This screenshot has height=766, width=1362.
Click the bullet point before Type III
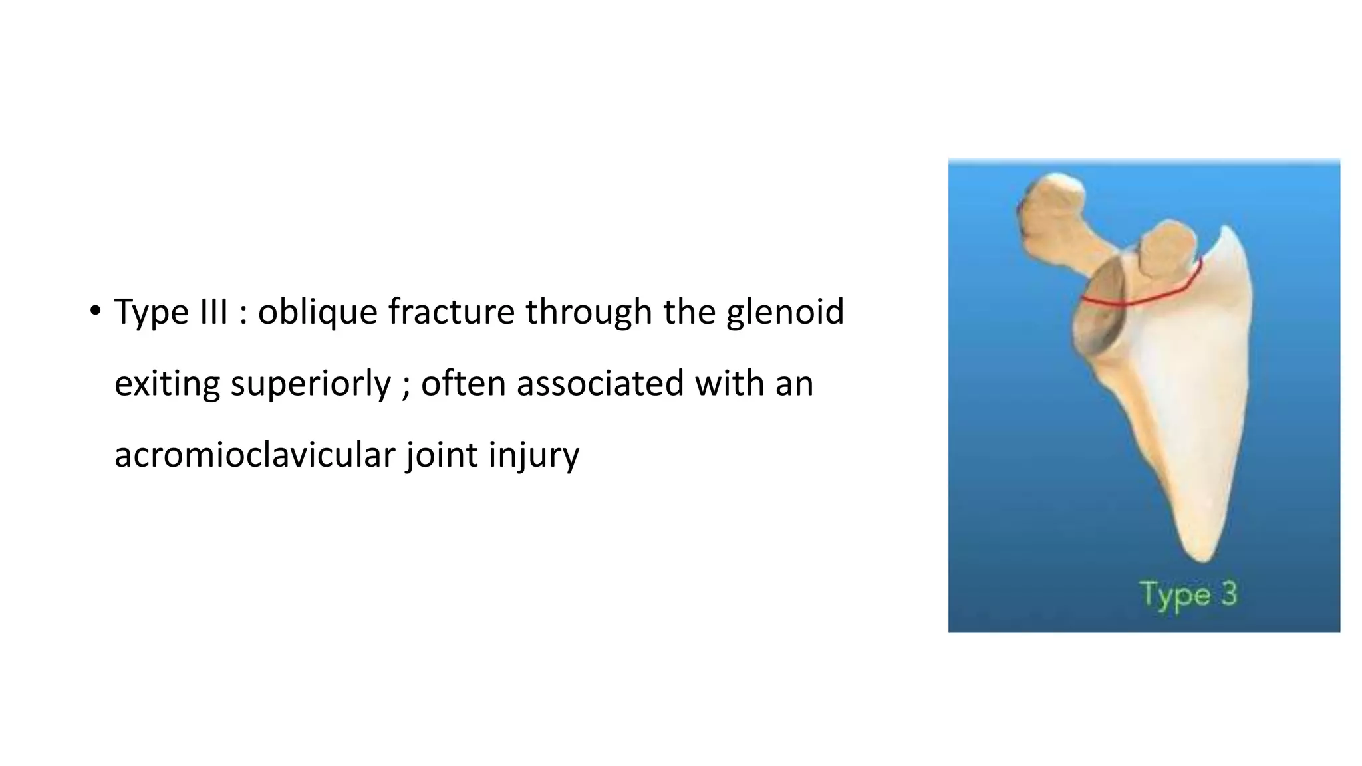point(96,311)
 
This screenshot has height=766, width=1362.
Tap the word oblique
point(317,313)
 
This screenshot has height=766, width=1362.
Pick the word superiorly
point(311,384)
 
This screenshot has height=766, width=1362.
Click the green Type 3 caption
point(1188,594)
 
